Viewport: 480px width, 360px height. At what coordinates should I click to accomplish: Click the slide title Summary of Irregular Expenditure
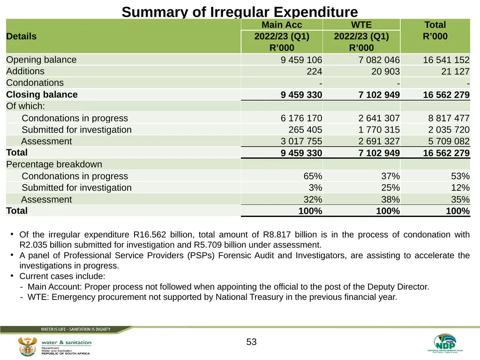[240, 12]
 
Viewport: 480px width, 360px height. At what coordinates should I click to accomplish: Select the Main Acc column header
[282, 25]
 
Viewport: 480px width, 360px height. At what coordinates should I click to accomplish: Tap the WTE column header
[361, 25]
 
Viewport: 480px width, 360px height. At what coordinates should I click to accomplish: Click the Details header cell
[21, 36]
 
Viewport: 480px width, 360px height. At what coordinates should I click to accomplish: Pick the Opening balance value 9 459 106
[301, 60]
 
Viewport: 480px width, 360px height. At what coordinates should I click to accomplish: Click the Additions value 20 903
[385, 71]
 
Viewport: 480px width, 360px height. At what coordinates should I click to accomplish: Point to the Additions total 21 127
[455, 71]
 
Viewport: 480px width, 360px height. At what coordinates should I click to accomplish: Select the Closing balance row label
[42, 95]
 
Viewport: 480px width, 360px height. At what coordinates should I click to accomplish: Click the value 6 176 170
[301, 118]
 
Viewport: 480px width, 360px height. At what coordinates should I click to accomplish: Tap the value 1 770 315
[379, 130]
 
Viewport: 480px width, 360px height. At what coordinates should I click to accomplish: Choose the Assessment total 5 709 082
[449, 141]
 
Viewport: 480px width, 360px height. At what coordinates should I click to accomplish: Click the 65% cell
[313, 176]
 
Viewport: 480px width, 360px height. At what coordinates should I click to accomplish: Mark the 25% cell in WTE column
[390, 187]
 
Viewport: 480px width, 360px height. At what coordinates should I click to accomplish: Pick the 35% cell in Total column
[460, 199]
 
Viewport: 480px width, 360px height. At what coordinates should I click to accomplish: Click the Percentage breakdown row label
[54, 165]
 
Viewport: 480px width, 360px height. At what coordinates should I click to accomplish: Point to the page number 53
[251, 342]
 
